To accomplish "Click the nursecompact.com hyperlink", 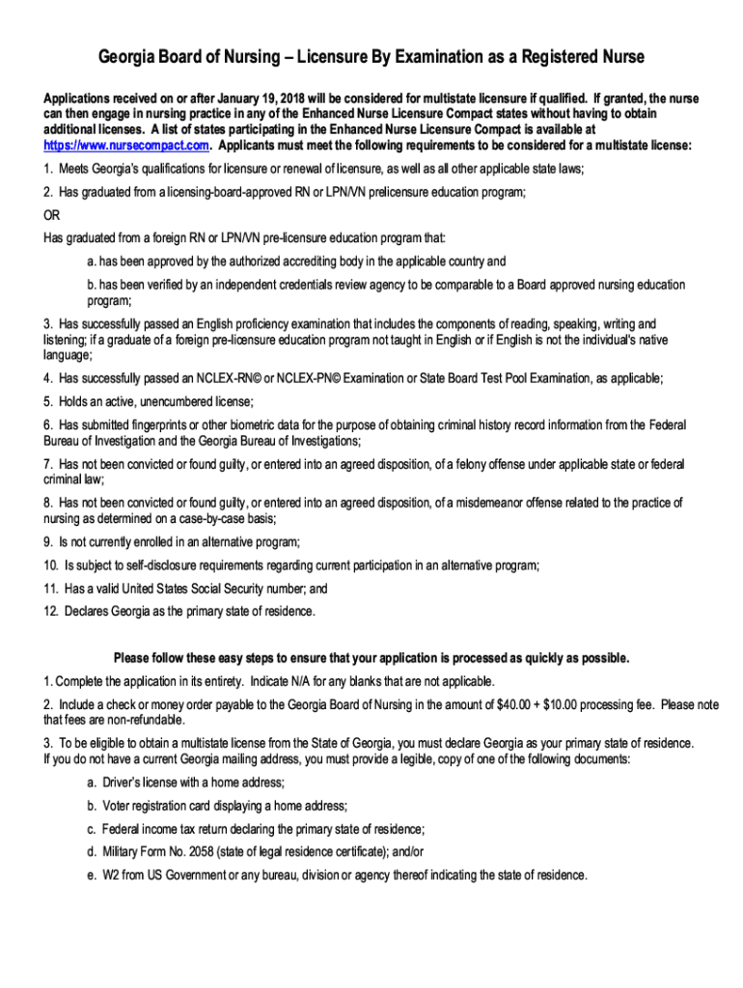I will point(125,146).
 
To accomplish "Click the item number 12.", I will point(50,611).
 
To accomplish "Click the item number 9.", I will point(48,541).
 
